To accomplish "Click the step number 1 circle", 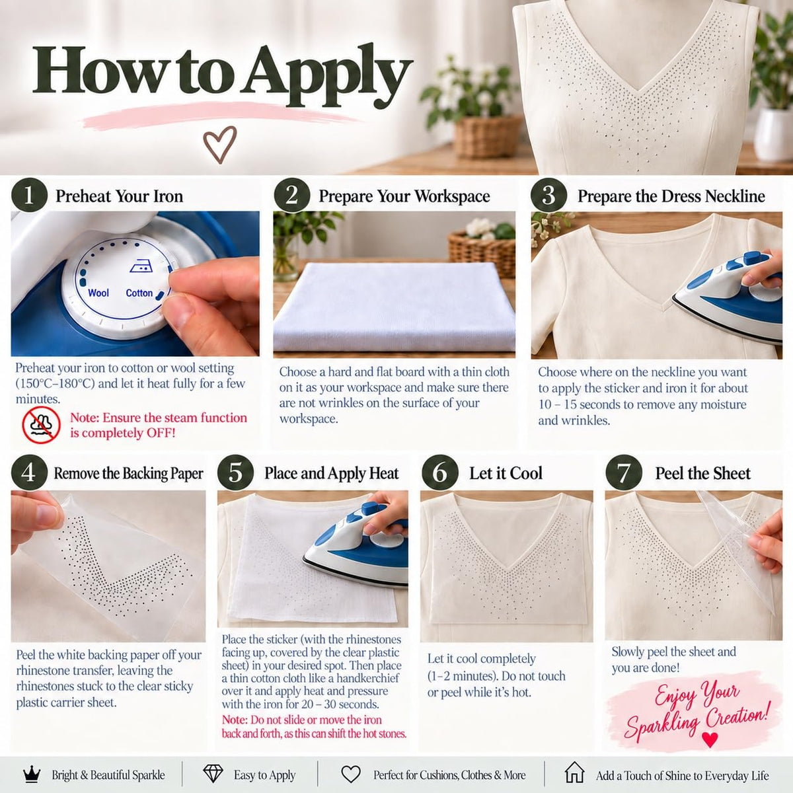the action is point(29,195).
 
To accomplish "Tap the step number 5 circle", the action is point(235,472).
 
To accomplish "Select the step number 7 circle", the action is point(624,472).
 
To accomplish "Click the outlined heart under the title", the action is point(220,144).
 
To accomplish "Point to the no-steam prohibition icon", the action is point(41,425).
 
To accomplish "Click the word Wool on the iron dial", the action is point(98,293).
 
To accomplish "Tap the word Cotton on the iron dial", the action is point(139,293).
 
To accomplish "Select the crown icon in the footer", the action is point(32,774).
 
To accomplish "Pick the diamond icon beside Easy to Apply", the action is point(213,774).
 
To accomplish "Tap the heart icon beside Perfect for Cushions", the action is point(351,774).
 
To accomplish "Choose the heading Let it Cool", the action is point(506,473).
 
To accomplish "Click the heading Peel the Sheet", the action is point(703,473).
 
